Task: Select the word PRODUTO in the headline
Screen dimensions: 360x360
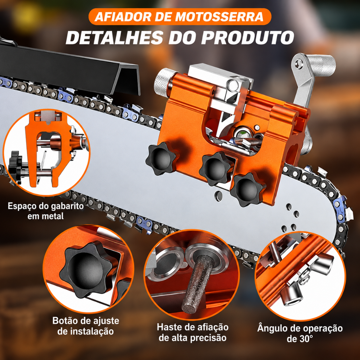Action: [247, 37]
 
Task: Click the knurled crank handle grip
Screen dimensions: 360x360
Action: [321, 65]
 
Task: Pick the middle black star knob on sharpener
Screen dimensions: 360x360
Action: [216, 168]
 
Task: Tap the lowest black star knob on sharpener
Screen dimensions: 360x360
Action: [247, 189]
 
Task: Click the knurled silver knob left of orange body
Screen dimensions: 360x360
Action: [164, 82]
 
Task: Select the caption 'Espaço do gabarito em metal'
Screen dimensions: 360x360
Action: [45, 211]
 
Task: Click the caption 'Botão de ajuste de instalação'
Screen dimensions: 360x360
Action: [86, 326]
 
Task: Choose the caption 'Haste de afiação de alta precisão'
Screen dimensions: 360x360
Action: [192, 332]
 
